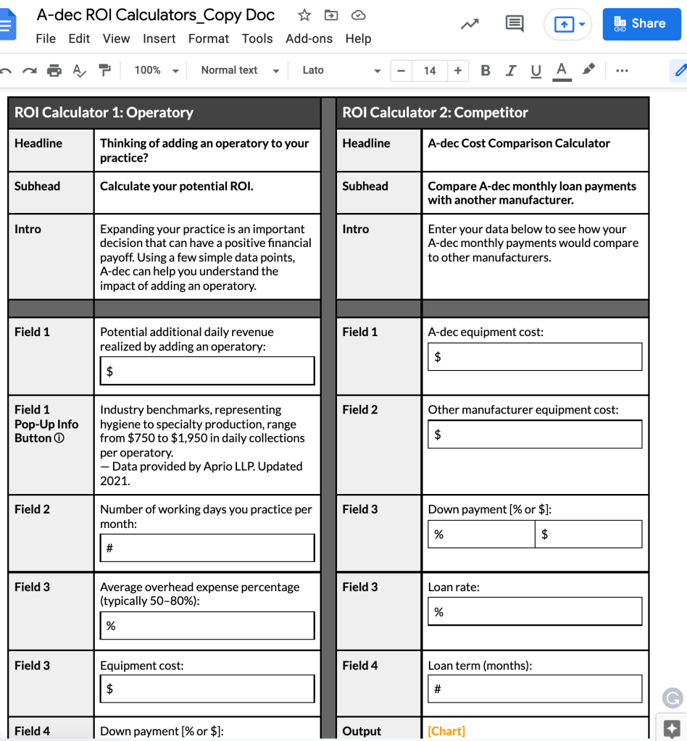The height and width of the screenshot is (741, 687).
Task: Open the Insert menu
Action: pyautogui.click(x=159, y=38)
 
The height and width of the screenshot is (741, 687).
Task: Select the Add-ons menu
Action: pyautogui.click(x=309, y=38)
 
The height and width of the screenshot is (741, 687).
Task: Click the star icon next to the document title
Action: pyautogui.click(x=304, y=15)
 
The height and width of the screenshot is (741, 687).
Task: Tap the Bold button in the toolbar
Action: pyautogui.click(x=486, y=70)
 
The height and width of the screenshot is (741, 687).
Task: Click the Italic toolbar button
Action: pyautogui.click(x=511, y=70)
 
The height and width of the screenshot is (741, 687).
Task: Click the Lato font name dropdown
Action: pyautogui.click(x=341, y=70)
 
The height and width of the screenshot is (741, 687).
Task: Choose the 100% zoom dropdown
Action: pyautogui.click(x=156, y=70)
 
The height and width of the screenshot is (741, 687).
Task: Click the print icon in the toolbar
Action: pyautogui.click(x=54, y=70)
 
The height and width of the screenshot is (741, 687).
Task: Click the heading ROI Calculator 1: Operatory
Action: pyautogui.click(x=104, y=112)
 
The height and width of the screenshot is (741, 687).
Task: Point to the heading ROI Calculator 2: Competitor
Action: pyautogui.click(x=435, y=112)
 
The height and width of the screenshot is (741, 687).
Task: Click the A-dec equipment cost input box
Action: pyautogui.click(x=535, y=356)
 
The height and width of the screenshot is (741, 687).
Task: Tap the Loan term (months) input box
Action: pyautogui.click(x=535, y=688)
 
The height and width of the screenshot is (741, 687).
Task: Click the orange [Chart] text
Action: pyautogui.click(x=446, y=731)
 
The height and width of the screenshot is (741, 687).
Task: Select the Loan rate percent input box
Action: pyautogui.click(x=535, y=611)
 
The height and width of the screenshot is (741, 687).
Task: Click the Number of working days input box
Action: pyautogui.click(x=207, y=548)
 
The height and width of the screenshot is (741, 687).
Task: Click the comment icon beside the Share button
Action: pyautogui.click(x=515, y=24)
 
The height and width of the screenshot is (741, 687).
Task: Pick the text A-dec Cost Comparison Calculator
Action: pyautogui.click(x=518, y=143)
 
